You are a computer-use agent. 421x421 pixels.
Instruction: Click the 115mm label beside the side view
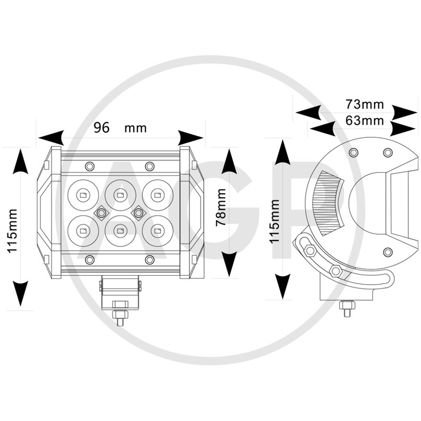(275, 220)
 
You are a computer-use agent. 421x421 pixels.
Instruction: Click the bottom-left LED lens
(83, 230)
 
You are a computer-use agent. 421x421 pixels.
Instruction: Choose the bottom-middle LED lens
(120, 230)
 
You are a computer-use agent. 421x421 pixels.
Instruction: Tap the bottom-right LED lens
(156, 230)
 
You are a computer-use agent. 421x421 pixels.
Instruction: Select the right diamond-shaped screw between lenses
(138, 212)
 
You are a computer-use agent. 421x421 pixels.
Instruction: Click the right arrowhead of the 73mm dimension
(404, 112)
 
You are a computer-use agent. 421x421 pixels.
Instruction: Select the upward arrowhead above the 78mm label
(229, 162)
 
